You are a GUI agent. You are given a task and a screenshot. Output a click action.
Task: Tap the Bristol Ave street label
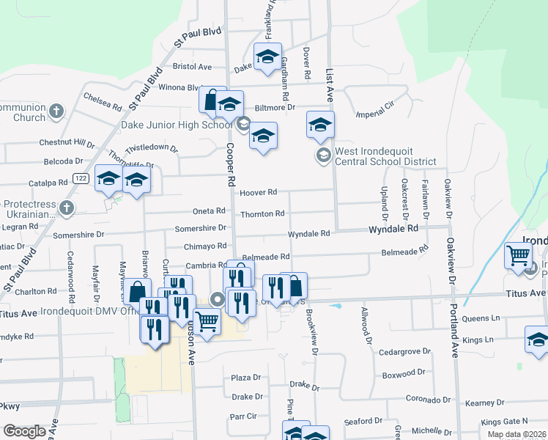(x=193, y=66)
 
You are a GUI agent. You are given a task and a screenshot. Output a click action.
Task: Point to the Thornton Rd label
(x=262, y=213)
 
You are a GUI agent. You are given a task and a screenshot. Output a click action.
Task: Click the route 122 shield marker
(x=81, y=178)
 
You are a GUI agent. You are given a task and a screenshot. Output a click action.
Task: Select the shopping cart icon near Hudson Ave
(x=207, y=321)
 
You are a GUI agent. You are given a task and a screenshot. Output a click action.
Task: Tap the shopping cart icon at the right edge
(x=519, y=256)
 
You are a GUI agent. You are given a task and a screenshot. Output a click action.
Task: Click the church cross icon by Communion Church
(x=56, y=112)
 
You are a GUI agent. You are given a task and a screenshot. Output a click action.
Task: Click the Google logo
(x=24, y=431)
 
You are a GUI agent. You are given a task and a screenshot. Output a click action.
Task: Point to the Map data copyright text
(x=517, y=434)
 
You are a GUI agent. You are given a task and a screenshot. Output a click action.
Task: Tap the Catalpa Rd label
(x=48, y=181)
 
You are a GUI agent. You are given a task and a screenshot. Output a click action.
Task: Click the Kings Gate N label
(x=504, y=422)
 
